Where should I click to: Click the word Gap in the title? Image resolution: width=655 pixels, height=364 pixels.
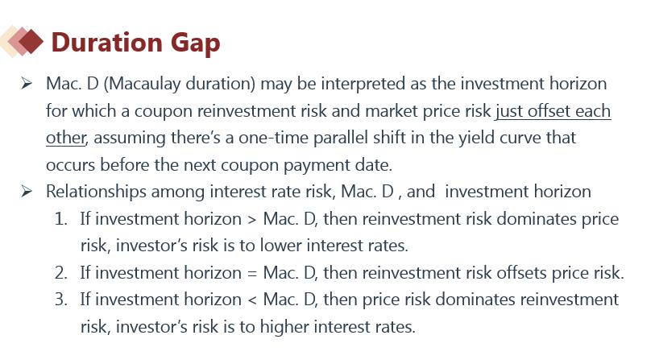point(195,43)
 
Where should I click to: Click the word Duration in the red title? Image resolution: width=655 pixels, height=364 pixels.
point(106,42)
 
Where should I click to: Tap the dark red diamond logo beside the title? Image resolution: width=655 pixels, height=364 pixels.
point(31,41)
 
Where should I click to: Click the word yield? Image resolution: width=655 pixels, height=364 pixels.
point(476,138)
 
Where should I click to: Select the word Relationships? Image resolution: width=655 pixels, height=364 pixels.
point(96,192)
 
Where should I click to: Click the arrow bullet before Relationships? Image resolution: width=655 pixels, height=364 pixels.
point(27,191)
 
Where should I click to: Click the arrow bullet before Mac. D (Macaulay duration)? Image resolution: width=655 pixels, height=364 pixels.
point(27,83)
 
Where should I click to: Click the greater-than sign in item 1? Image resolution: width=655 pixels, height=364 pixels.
point(252,220)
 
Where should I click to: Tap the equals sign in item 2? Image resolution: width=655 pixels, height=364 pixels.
point(252,274)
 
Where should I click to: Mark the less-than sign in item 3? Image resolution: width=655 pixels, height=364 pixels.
point(252,300)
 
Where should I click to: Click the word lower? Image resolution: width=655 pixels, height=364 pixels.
point(280,246)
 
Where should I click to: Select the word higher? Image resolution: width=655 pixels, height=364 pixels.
point(284,327)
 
